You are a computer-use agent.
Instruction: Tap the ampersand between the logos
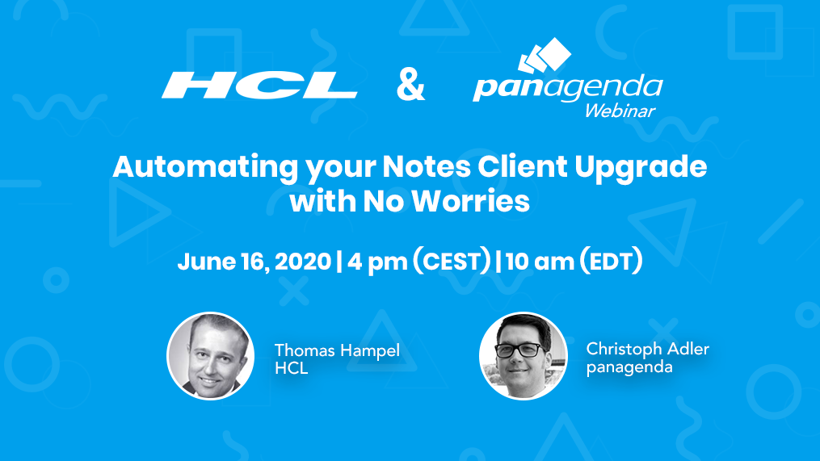point(410,85)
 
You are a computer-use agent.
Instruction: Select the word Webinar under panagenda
point(620,111)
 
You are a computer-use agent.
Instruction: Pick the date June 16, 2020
point(254,262)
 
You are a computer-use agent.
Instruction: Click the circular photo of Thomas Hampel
point(210,356)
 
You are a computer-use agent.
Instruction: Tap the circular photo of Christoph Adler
point(523,356)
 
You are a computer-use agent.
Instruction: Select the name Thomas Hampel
point(337,350)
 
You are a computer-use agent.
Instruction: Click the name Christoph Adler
point(648,349)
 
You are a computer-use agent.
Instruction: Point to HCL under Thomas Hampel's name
point(291,369)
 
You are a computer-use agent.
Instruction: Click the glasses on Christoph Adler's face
point(519,350)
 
